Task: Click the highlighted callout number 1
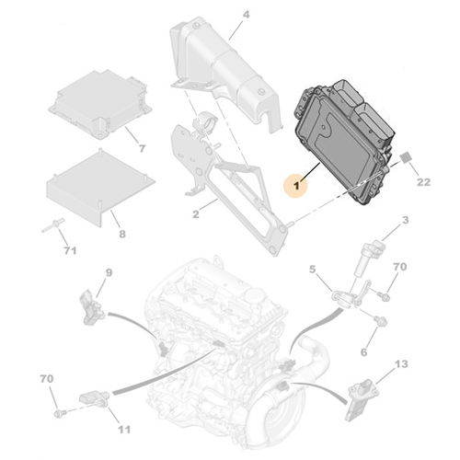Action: coord(296,185)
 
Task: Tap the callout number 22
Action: coord(423,182)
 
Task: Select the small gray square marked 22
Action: coord(407,157)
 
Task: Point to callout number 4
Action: coord(246,15)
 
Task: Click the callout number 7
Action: coord(142,149)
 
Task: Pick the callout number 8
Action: coord(122,234)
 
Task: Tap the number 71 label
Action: coord(70,250)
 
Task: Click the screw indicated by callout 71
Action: coord(53,225)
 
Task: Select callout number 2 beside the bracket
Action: coord(196,214)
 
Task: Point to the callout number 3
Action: coord(406,220)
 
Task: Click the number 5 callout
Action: coord(312,270)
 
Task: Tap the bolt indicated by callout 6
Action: coord(380,321)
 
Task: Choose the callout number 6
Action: coord(363,352)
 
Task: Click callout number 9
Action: coord(109,272)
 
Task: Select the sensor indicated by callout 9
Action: coord(92,307)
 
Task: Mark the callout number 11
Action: coord(124,430)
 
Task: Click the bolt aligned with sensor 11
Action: coord(59,413)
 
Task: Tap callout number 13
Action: coord(401,364)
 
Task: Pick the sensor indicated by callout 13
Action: coord(361,399)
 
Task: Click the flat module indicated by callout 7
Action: coord(100,104)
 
